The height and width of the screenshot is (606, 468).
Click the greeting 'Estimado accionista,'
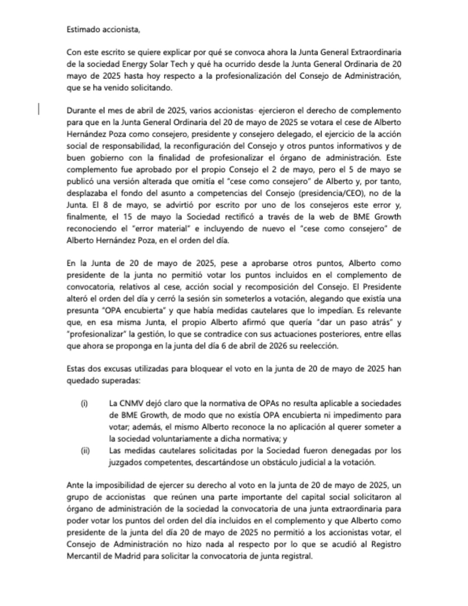103,29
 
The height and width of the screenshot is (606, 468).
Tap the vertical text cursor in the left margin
39,109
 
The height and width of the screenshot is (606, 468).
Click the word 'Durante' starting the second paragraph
80,111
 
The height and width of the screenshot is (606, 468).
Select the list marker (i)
84,404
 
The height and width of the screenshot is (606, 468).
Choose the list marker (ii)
85,451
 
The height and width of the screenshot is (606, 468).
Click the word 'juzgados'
124,463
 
